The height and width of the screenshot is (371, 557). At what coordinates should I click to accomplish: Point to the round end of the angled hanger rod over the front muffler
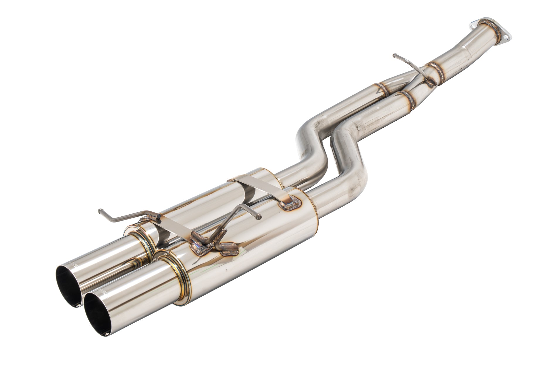point(259,217)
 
